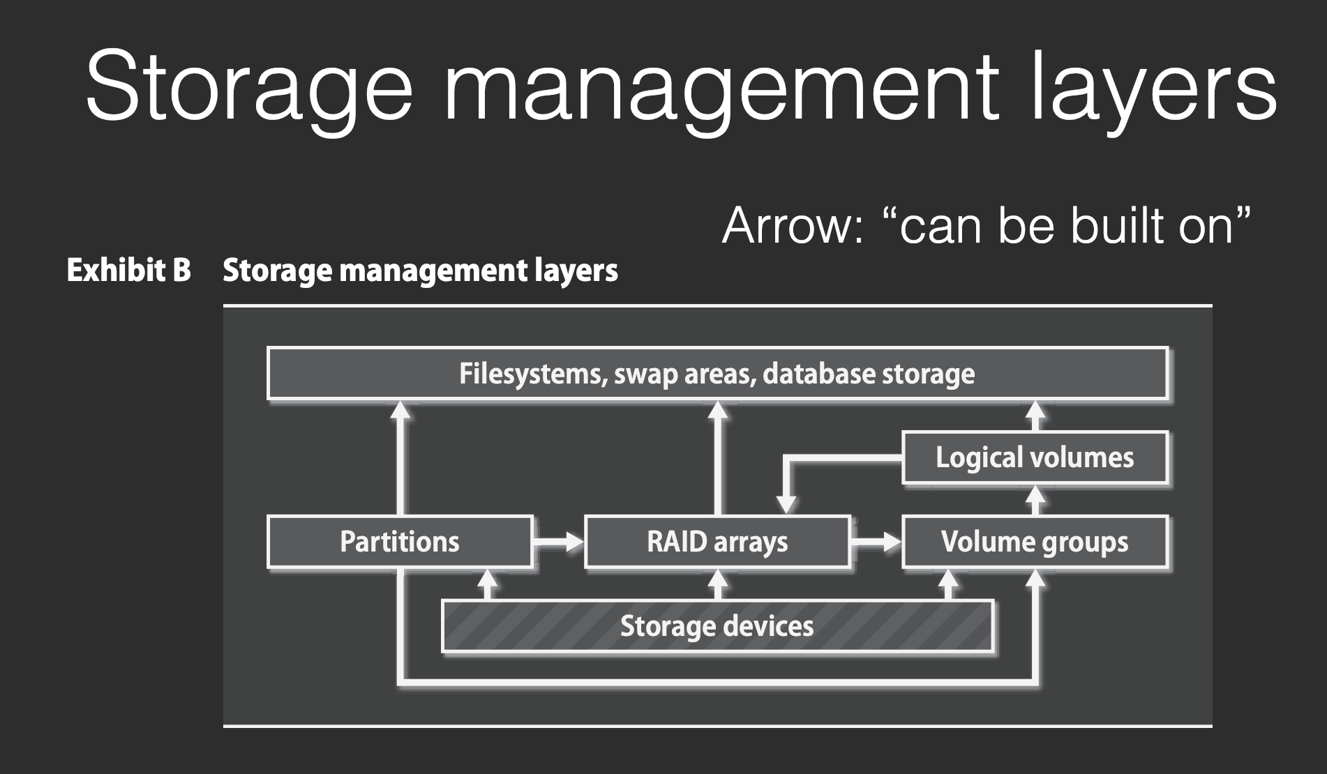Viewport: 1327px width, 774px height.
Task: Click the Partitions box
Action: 400,542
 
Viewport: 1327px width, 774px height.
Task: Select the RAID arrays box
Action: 717,542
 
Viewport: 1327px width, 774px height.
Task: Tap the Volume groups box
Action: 1035,542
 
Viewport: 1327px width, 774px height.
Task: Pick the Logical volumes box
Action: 1035,457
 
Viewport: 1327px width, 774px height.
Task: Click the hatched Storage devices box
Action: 717,625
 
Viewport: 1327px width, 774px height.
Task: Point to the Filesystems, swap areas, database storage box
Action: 717,374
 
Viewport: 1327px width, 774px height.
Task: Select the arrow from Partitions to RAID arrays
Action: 559,542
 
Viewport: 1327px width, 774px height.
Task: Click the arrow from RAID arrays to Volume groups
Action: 876,542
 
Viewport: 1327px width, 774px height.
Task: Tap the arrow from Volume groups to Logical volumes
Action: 1036,499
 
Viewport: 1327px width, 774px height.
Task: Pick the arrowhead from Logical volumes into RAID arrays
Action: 786,503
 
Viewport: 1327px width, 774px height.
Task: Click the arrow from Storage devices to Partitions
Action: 488,584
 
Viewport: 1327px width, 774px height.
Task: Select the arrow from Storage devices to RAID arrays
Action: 718,584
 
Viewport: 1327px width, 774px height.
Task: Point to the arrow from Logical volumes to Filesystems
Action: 1036,416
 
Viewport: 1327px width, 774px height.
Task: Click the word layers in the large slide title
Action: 1153,88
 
